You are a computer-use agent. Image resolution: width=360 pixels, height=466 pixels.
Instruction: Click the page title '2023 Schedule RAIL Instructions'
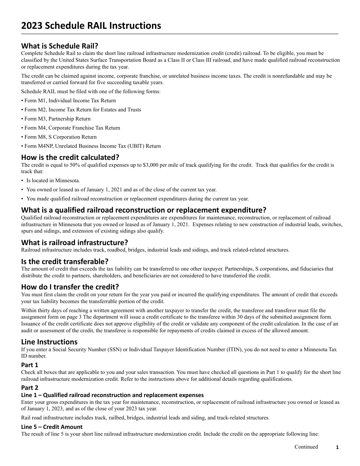(x=91, y=26)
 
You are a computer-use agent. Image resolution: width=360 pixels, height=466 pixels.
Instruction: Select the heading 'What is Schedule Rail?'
(x=59, y=46)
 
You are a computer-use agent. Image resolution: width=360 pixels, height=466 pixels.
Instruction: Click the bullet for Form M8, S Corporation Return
(x=59, y=137)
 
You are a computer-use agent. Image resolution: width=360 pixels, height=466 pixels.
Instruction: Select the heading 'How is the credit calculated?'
(x=70, y=157)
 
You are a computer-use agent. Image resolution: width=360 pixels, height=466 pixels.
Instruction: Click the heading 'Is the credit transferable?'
(x=65, y=261)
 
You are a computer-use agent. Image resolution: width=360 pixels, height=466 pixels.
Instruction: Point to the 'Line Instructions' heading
(x=49, y=342)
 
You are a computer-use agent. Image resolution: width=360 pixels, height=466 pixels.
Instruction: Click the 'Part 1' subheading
(x=30, y=365)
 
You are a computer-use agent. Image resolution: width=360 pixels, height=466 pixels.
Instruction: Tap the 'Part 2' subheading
(x=30, y=388)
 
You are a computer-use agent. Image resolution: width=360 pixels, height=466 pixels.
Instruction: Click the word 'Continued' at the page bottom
(x=306, y=447)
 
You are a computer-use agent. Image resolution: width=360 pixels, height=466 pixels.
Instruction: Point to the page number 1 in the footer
(x=337, y=447)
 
